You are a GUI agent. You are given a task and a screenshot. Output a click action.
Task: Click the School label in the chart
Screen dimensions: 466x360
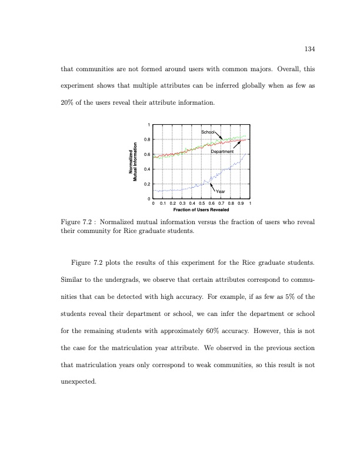208,132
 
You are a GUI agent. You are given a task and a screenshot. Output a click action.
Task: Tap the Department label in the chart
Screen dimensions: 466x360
222,152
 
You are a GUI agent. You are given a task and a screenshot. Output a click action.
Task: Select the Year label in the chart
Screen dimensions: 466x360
221,191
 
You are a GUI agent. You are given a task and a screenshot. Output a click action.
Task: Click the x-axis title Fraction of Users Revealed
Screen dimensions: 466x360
202,209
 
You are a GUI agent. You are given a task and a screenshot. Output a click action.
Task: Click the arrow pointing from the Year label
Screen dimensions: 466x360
214,187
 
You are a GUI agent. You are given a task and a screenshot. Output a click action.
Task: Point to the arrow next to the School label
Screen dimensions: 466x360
218,136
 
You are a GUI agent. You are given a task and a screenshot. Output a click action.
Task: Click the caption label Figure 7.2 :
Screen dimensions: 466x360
78,222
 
